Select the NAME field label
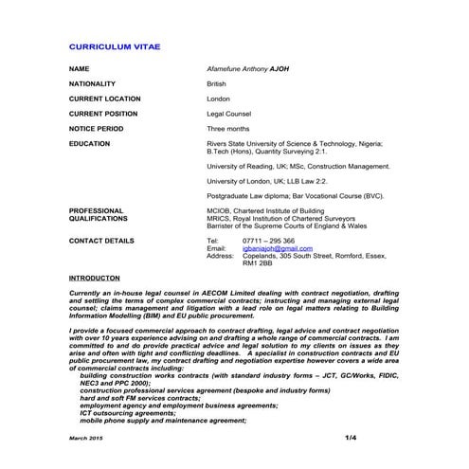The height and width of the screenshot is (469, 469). pyautogui.click(x=80, y=69)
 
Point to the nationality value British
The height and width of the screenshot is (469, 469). pyautogui.click(x=217, y=84)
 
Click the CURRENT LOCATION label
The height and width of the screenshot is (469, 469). pyautogui.click(x=104, y=99)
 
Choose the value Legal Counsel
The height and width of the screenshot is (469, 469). pyautogui.click(x=227, y=113)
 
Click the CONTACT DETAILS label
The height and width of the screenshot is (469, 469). pyautogui.click(x=100, y=241)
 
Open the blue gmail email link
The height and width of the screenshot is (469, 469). pyautogui.click(x=277, y=248)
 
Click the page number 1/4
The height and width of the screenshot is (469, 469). pyautogui.click(x=351, y=436)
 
